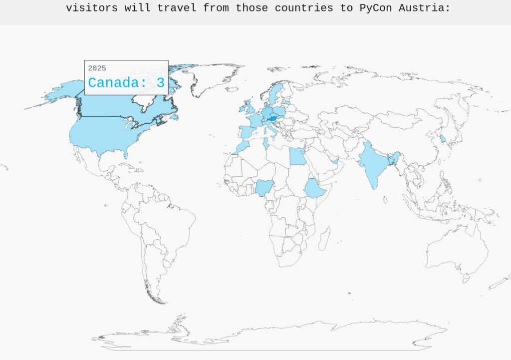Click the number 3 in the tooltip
160,83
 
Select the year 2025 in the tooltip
97,68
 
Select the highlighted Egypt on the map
297,156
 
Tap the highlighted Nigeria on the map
264,188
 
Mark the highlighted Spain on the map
247,132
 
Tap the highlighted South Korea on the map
443,138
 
